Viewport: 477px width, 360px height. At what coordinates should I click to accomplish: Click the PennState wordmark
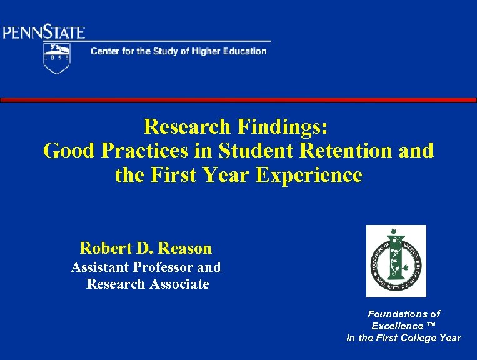pyautogui.click(x=44, y=32)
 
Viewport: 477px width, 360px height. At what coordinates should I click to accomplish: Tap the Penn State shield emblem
pyautogui.click(x=56, y=58)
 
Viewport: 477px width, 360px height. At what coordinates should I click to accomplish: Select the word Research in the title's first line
pyautogui.click(x=187, y=127)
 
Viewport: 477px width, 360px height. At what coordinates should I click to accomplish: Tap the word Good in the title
pyautogui.click(x=67, y=151)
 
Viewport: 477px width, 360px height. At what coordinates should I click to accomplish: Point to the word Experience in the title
pyautogui.click(x=311, y=175)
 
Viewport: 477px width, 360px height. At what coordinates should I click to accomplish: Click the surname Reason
pyautogui.click(x=186, y=248)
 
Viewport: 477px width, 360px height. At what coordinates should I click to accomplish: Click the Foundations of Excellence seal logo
pyautogui.click(x=396, y=261)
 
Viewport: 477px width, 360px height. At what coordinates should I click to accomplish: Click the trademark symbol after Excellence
pyautogui.click(x=431, y=326)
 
